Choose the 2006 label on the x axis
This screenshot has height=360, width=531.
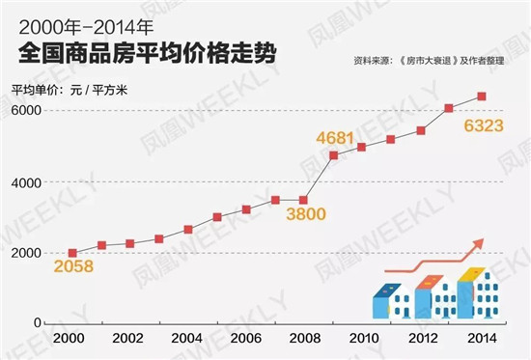point(246,341)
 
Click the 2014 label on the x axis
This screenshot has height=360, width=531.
point(481,341)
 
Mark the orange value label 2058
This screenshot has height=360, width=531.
point(73,266)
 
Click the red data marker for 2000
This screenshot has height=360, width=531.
point(72,253)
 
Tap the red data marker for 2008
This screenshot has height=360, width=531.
point(304,201)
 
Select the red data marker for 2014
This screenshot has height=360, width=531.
point(481,97)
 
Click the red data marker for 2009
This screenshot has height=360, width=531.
point(333,155)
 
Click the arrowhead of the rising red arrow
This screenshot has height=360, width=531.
point(478,244)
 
